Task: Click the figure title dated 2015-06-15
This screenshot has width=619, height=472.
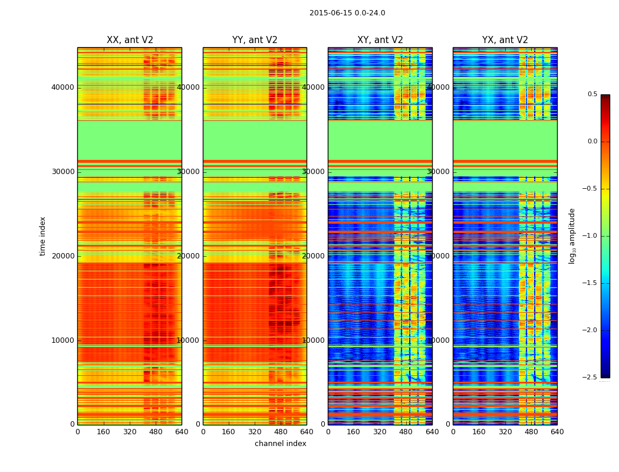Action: (x=347, y=13)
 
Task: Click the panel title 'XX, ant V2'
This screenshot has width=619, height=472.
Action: (x=130, y=40)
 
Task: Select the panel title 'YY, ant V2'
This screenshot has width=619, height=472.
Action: (x=255, y=40)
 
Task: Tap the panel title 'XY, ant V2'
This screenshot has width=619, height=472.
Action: (x=380, y=40)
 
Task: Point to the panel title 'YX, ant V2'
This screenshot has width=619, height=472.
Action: (x=505, y=40)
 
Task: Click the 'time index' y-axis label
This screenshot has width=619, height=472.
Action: (x=42, y=235)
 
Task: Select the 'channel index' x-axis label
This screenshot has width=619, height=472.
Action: (x=281, y=444)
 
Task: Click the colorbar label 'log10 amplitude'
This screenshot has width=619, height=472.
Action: (x=572, y=235)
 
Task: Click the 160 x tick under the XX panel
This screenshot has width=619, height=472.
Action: (x=103, y=432)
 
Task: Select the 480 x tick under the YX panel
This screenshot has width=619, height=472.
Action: (x=531, y=432)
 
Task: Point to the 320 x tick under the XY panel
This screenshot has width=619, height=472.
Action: (x=380, y=432)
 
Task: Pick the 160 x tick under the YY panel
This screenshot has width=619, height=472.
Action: (x=229, y=432)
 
